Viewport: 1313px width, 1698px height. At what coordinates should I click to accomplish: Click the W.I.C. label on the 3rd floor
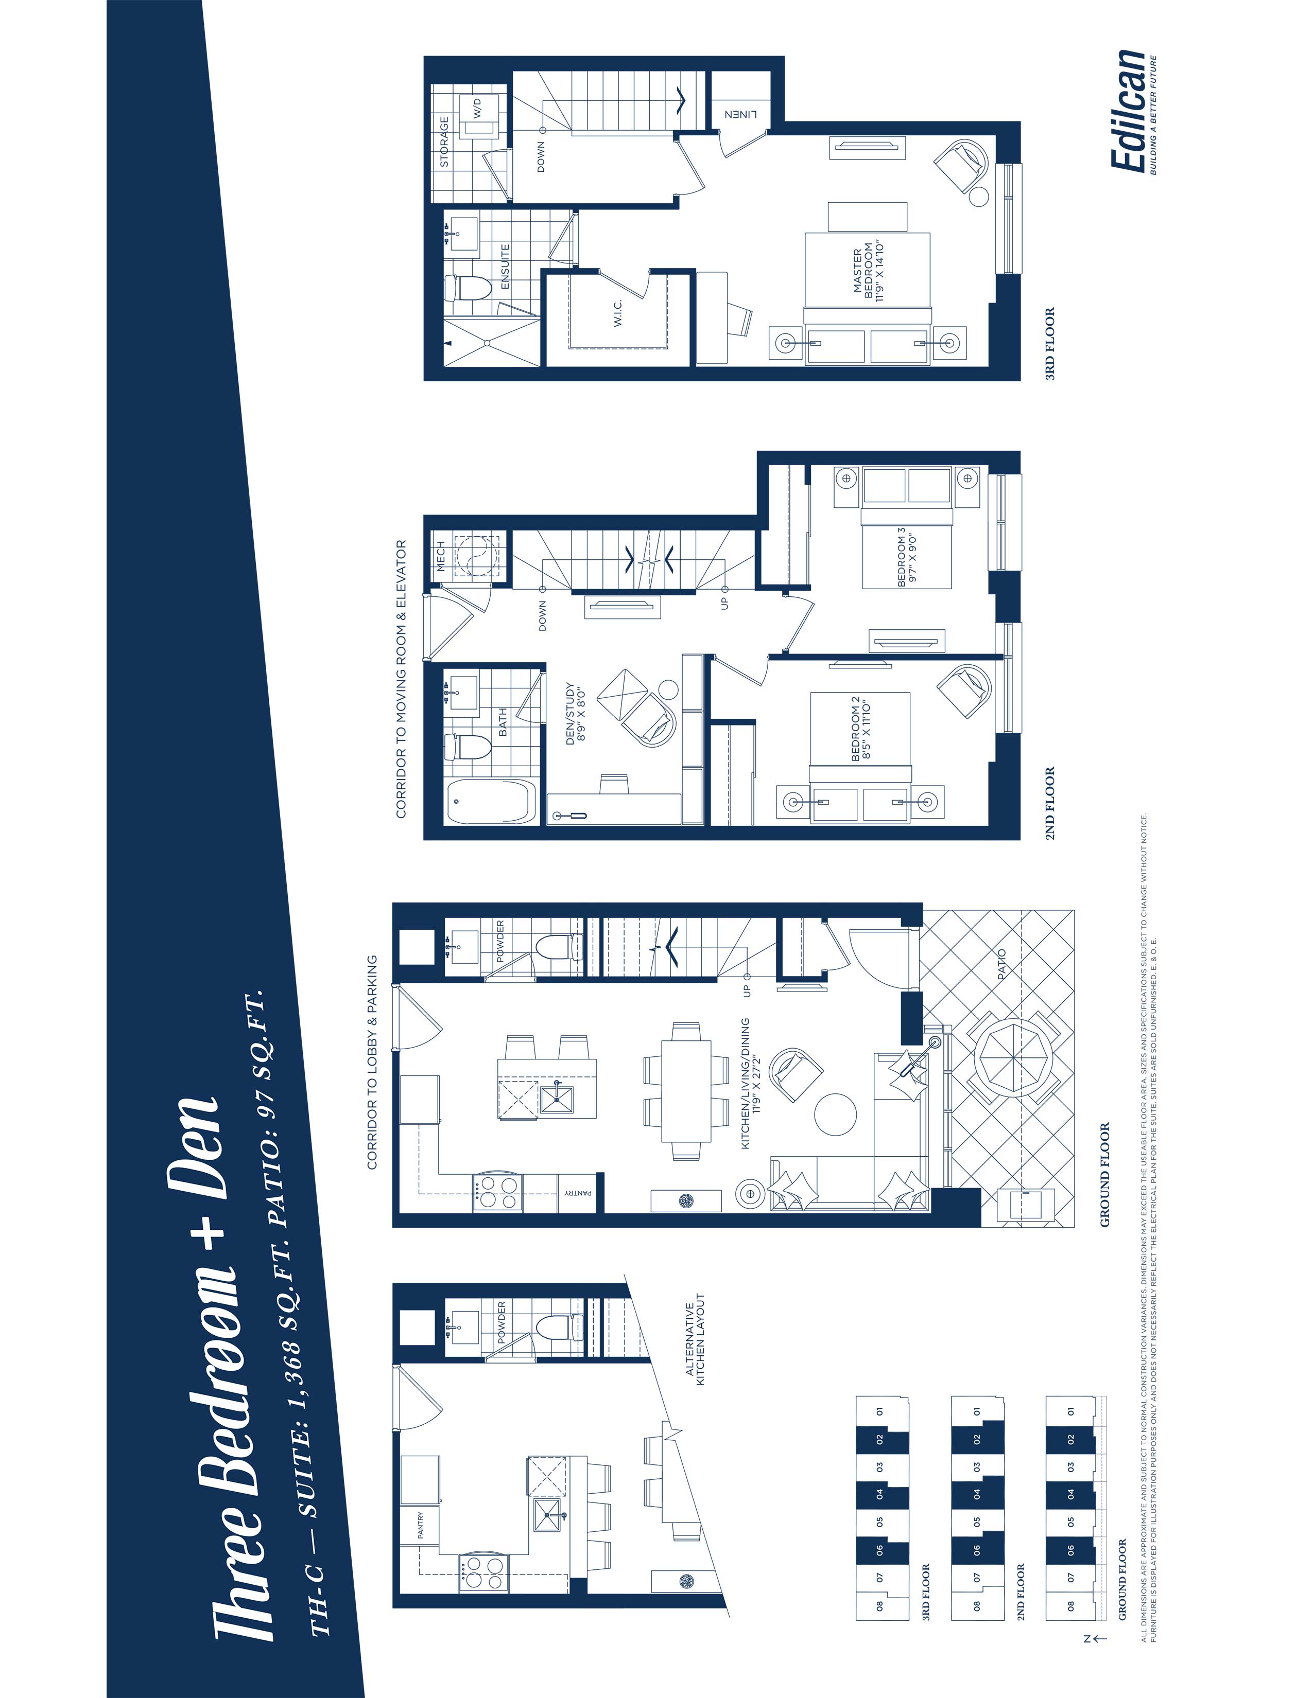(x=618, y=313)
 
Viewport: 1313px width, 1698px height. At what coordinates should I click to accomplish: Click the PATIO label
(x=1000, y=964)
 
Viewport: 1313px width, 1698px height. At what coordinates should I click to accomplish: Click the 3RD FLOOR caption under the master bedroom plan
(x=1050, y=344)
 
